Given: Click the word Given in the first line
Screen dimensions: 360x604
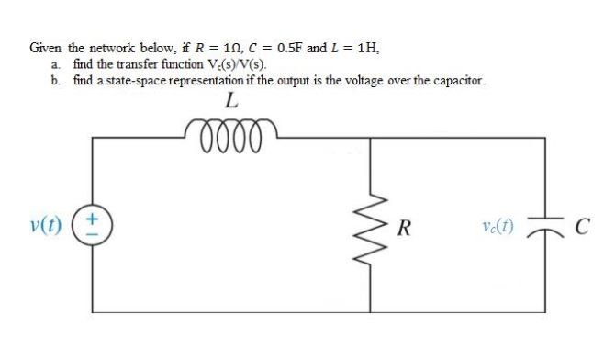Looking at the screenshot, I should click(x=46, y=47).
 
